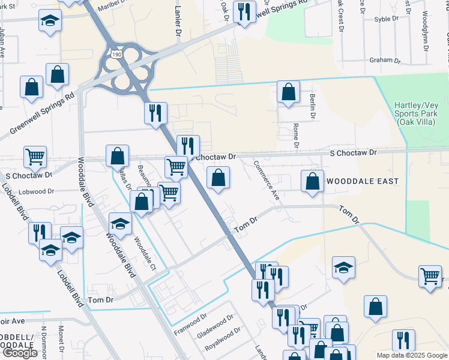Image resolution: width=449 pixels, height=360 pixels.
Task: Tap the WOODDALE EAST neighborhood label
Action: click(x=358, y=180)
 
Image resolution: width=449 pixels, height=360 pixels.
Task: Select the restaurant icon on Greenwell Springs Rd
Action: click(x=244, y=12)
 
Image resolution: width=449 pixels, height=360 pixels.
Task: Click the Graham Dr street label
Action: click(x=385, y=60)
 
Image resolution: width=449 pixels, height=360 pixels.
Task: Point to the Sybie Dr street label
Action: click(x=387, y=19)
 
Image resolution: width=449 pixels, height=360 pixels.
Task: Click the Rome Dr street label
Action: click(x=295, y=136)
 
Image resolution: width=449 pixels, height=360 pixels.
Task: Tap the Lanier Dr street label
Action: click(x=178, y=23)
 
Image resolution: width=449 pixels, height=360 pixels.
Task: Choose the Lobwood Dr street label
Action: click(x=38, y=191)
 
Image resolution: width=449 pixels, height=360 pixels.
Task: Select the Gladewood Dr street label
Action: click(x=214, y=326)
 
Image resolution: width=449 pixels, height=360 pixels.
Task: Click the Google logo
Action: click(x=20, y=353)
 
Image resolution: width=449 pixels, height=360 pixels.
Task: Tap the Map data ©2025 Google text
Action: click(x=411, y=355)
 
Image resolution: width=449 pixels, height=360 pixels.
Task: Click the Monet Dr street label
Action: click(x=61, y=338)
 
